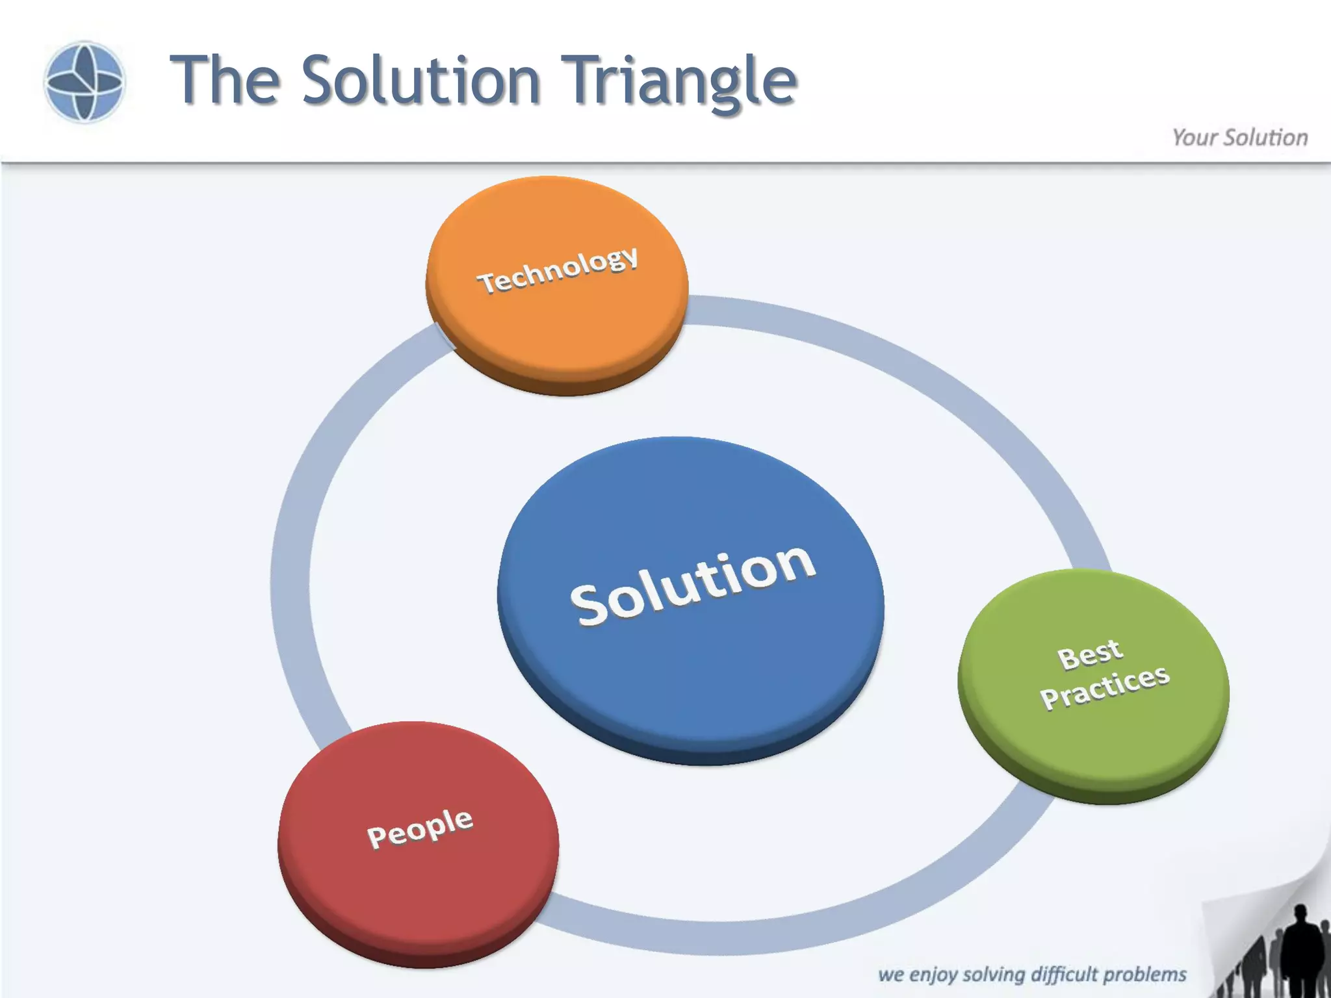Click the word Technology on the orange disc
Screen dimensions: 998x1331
tap(558, 270)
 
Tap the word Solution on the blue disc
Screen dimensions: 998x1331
tap(693, 585)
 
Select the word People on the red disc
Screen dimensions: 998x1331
tap(420, 828)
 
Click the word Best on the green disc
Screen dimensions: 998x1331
tap(1089, 654)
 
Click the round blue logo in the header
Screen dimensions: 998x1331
tap(84, 82)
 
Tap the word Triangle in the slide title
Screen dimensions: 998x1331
tap(678, 81)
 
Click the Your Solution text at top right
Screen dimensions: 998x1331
tap(1239, 138)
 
